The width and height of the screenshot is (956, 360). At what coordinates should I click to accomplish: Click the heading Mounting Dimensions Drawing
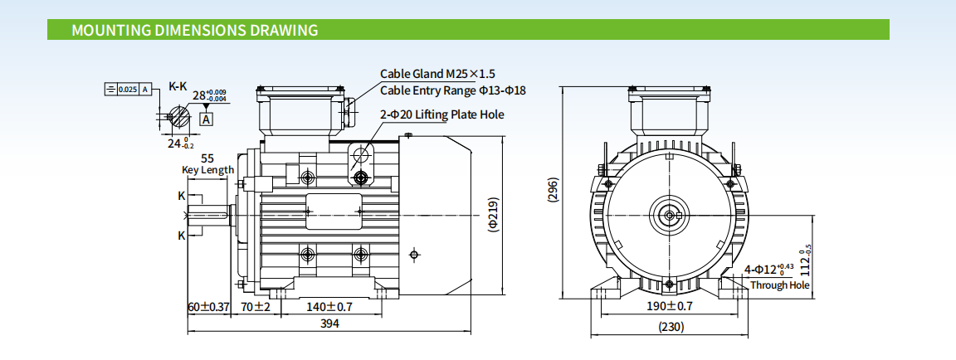(x=195, y=31)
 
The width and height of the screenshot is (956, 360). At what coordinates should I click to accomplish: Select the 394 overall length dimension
(x=330, y=324)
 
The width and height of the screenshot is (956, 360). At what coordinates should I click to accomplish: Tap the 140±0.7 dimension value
(x=329, y=307)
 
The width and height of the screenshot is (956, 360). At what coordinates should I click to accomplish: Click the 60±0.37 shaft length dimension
(x=208, y=307)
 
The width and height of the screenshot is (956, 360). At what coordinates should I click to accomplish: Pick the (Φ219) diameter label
(x=492, y=214)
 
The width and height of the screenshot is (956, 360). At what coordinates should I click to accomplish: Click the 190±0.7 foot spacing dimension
(x=670, y=306)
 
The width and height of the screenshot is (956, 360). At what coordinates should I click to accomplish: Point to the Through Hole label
(x=779, y=285)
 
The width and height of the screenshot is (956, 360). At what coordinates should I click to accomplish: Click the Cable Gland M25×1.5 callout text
(x=443, y=74)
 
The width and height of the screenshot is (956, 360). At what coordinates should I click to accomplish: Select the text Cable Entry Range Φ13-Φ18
(x=453, y=90)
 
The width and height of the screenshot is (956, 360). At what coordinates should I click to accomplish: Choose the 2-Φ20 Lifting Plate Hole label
(x=442, y=114)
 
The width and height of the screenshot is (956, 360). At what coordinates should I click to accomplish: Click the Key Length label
(x=207, y=170)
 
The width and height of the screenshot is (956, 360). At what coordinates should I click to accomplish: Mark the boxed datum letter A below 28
(x=207, y=119)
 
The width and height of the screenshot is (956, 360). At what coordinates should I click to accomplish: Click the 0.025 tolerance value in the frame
(x=128, y=89)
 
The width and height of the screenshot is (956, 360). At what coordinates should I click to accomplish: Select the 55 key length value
(x=207, y=158)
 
